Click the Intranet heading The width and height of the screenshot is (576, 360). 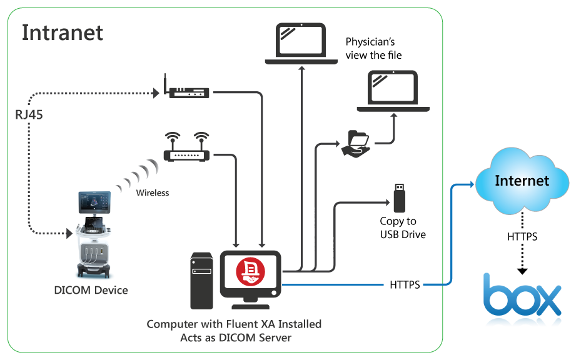(63, 32)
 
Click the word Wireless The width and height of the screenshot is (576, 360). (153, 193)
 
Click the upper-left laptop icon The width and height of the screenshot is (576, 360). (301, 43)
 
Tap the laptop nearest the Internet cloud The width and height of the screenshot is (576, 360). (393, 91)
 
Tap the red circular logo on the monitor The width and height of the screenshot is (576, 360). (250, 271)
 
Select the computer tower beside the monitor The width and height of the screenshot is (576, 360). (202, 280)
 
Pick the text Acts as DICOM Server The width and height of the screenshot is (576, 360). (235, 338)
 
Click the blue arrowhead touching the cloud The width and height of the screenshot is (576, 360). (470, 184)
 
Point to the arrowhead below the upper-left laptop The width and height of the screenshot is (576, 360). (302, 68)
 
